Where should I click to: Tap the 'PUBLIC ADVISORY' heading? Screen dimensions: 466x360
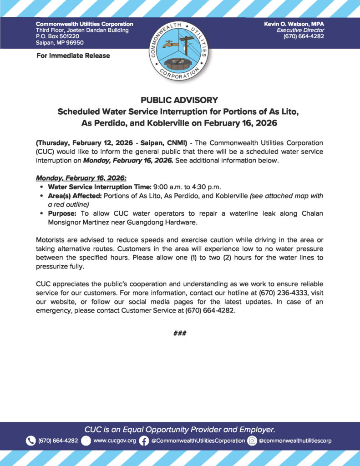[x=180, y=100]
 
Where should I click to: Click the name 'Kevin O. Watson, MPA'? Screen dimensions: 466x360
[x=294, y=24]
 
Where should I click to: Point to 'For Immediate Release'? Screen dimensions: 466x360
[x=73, y=56]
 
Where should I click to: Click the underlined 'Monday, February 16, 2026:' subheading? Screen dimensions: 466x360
[x=78, y=179]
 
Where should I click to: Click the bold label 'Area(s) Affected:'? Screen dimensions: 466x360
[x=75, y=196]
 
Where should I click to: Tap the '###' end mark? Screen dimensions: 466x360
[x=180, y=333]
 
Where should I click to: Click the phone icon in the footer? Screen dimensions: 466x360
[x=31, y=441]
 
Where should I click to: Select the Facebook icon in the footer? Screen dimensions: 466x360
[x=144, y=441]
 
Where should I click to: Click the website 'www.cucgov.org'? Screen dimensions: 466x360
[x=115, y=441]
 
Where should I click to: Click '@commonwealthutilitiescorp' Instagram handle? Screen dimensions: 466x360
[x=295, y=441]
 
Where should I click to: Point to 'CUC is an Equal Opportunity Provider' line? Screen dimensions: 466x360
[x=180, y=429]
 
